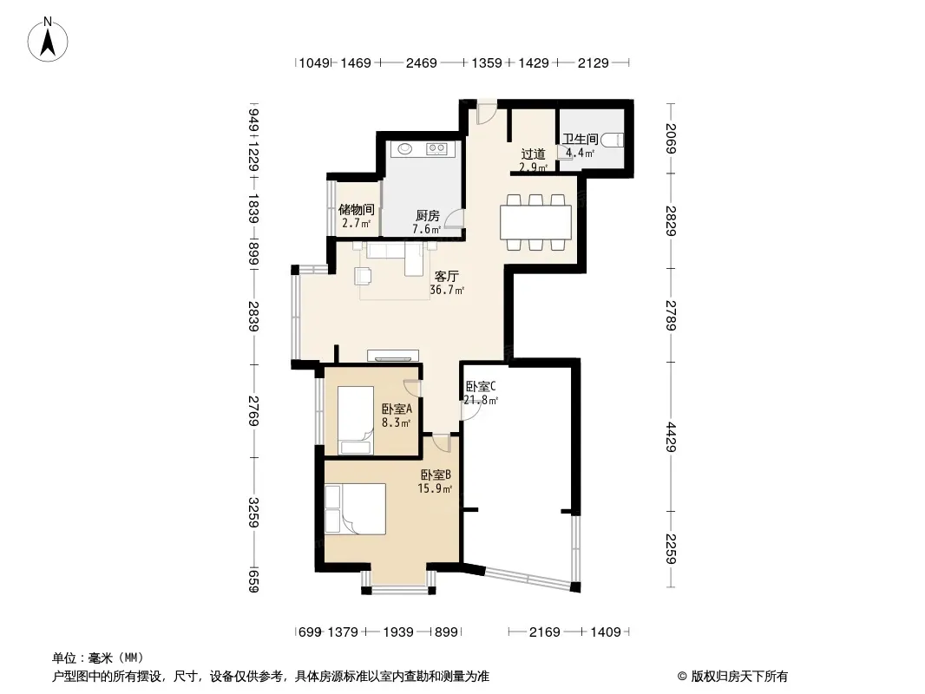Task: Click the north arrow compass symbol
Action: click(48, 40)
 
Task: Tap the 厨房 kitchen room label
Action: click(427, 216)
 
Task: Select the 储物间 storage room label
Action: click(357, 209)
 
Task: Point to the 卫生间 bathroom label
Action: click(581, 139)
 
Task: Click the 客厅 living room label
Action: click(447, 276)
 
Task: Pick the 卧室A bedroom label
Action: click(397, 409)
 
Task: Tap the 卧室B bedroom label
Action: click(436, 475)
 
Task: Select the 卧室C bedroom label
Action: click(481, 386)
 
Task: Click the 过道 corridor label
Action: click(534, 154)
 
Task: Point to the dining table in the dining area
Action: click(535, 222)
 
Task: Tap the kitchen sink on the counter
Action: click(404, 148)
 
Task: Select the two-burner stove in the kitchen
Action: click(436, 148)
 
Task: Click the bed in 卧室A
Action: click(356, 421)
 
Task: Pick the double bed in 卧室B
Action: click(355, 509)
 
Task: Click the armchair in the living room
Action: click(363, 276)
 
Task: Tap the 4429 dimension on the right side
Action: click(671, 437)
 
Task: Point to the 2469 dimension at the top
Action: click(421, 62)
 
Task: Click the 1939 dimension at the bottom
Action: click(398, 632)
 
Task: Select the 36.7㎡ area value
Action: click(447, 290)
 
